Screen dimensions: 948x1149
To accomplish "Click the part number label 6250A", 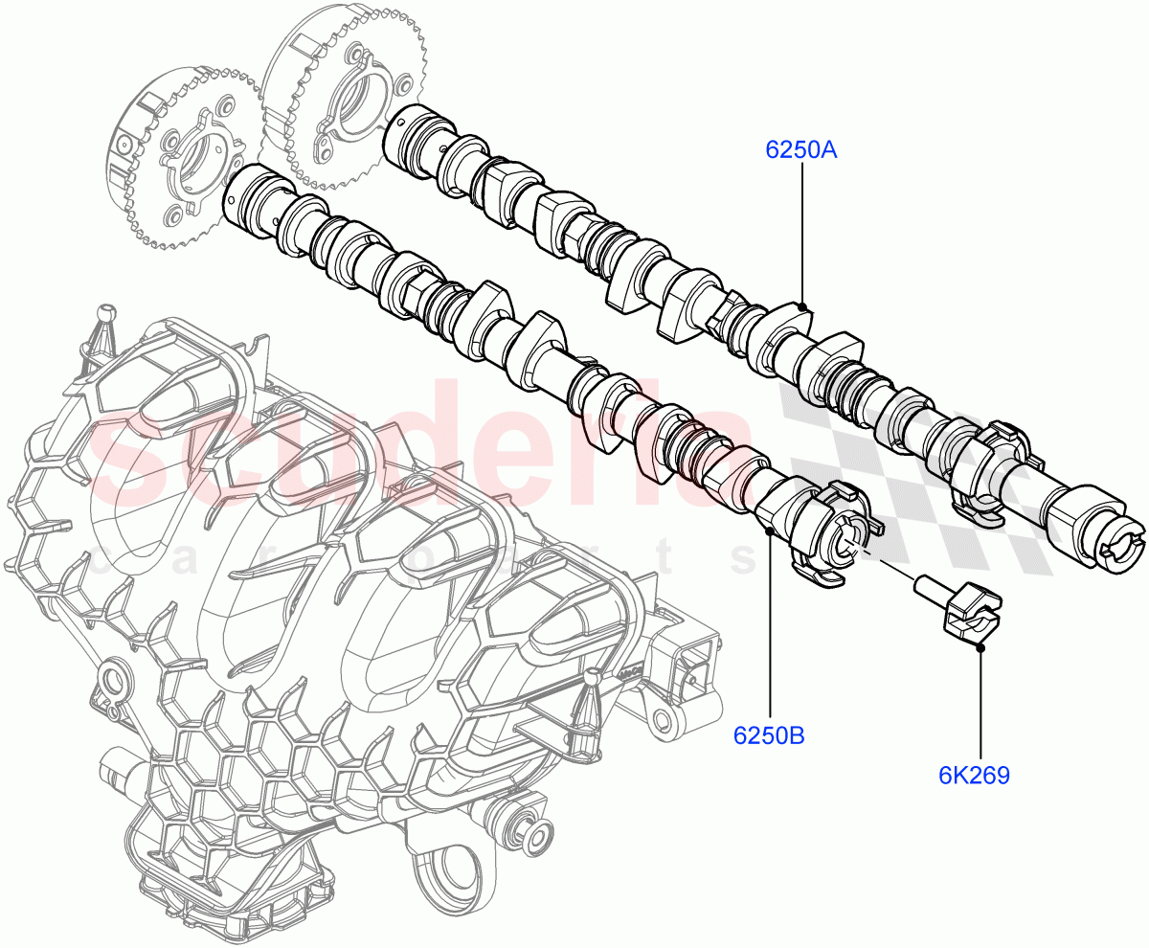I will [x=800, y=150].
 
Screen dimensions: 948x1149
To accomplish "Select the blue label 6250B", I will [x=769, y=735].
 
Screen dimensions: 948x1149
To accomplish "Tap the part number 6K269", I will [x=974, y=775].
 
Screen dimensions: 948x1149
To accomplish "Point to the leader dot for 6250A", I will [x=802, y=307].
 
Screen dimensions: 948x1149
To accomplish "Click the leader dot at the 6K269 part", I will [x=980, y=648].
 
